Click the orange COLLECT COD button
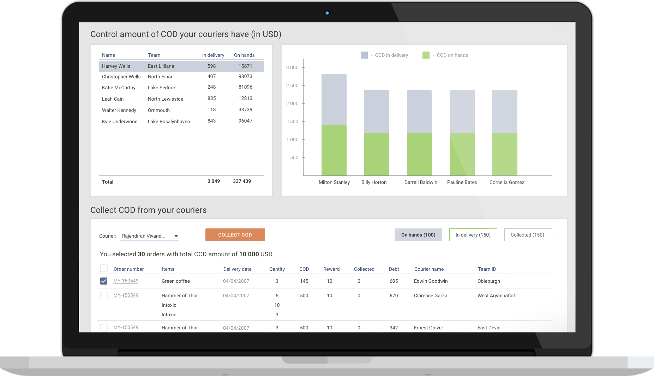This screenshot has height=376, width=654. tap(235, 235)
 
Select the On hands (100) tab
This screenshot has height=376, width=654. tap(418, 235)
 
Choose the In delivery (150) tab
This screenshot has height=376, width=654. tap(473, 235)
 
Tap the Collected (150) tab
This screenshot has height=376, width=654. tap(528, 235)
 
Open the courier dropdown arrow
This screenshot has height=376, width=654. tap(176, 236)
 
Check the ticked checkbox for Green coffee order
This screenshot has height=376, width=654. tap(104, 281)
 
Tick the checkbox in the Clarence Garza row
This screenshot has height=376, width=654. tap(104, 296)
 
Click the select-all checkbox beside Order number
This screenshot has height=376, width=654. tap(104, 268)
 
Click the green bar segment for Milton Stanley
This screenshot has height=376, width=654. tap(334, 150)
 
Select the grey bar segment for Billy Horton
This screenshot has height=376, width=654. tap(377, 111)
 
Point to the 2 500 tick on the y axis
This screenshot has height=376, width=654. tap(292, 85)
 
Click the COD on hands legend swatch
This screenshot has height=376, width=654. tap(426, 55)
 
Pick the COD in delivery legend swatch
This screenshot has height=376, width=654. tap(364, 55)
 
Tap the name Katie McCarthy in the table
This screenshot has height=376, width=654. tap(119, 88)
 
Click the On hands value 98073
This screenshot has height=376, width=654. tap(245, 76)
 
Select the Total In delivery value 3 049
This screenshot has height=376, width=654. tap(214, 181)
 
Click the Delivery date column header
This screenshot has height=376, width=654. tap(237, 269)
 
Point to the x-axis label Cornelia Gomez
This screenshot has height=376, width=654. tap(507, 182)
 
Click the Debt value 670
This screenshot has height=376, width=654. tap(394, 296)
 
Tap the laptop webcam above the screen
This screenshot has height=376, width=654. tap(327, 13)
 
